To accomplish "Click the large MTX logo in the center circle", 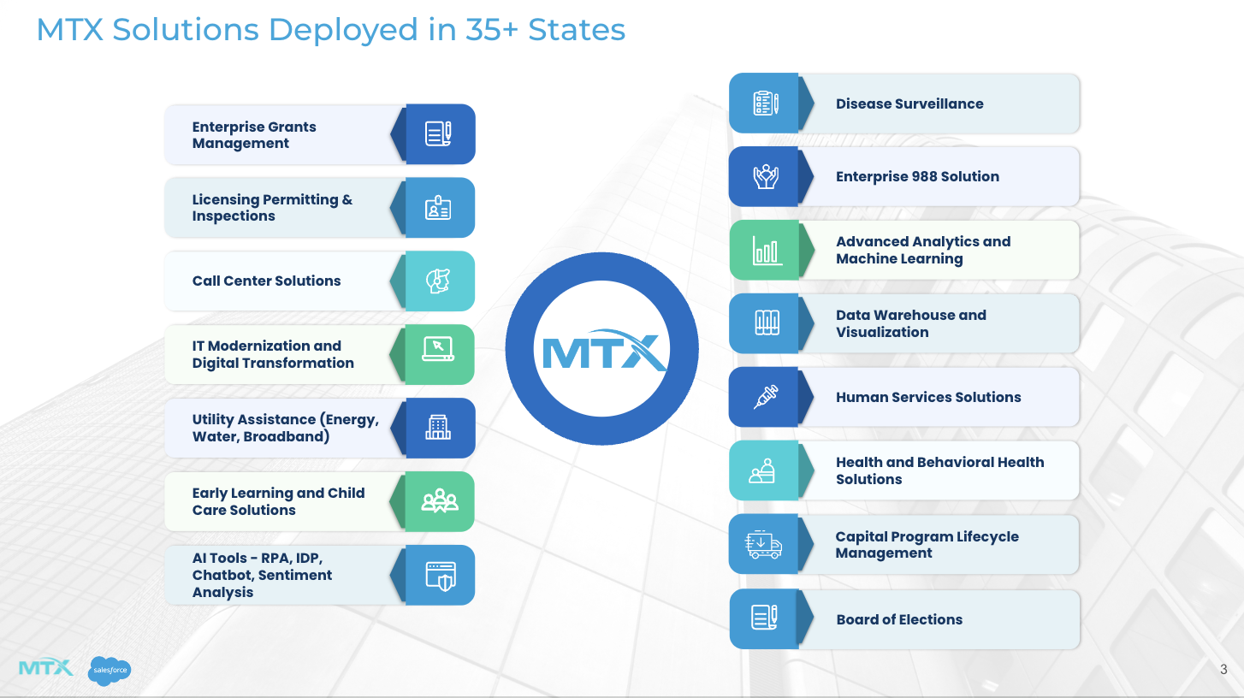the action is pos(604,351).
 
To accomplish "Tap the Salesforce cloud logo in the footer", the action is pos(110,671).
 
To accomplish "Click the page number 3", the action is pos(1223,669).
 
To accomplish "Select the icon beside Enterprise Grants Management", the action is pos(438,133).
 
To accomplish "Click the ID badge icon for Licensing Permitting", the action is pos(438,208).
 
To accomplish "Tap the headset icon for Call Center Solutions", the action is pos(438,281).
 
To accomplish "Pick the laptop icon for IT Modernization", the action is pos(438,349).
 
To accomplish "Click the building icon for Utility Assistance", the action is pos(438,427).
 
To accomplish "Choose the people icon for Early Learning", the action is pos(440,500).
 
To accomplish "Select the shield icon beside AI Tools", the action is pos(441,576).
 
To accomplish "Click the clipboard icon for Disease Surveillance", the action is pos(766,104).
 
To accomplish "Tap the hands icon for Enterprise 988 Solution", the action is pos(766,176).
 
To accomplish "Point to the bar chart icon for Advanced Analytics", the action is pos(767,250).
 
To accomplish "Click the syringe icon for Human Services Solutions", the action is pos(766,397).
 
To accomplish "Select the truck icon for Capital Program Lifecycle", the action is pos(763,544).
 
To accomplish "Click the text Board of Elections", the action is pos(899,619).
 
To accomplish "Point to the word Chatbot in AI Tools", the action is pos(222,575).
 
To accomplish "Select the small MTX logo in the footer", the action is pos(45,667).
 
